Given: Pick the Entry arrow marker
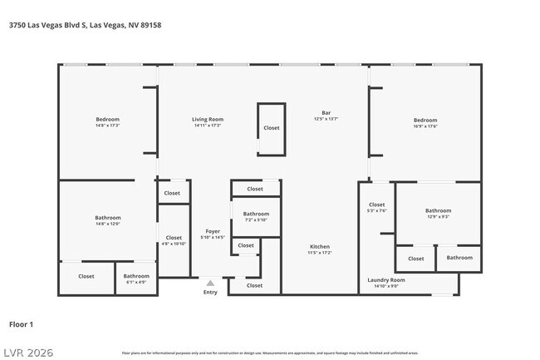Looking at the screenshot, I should click(210, 283).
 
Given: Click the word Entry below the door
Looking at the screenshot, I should click(210, 292).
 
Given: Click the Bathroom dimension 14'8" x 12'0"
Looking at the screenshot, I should click(107, 224).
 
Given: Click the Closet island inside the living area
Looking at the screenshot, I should click(272, 128).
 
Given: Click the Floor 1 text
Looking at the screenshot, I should click(21, 324).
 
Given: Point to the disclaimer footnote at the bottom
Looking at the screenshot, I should click(269, 353).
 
